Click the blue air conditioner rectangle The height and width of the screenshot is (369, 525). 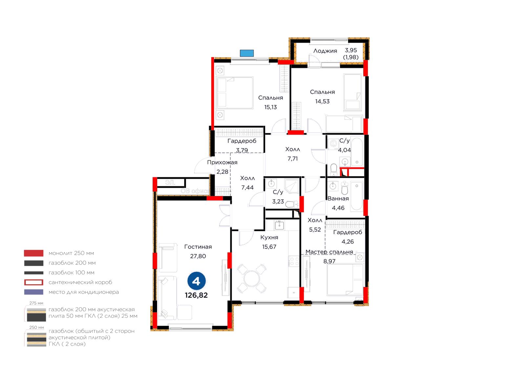pyautogui.click(x=247, y=53)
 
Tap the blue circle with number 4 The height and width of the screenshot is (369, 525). pyautogui.click(x=197, y=281)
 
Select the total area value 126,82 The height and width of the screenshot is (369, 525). pyautogui.click(x=197, y=295)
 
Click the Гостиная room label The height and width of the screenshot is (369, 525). pyautogui.click(x=198, y=247)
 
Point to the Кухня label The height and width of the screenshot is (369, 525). pyautogui.click(x=269, y=237)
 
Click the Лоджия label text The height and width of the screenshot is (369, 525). pyautogui.click(x=325, y=51)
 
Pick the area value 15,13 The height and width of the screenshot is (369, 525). pyautogui.click(x=270, y=107)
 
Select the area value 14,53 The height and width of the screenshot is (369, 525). pyautogui.click(x=322, y=101)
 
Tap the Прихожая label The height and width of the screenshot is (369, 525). pyautogui.click(x=222, y=162)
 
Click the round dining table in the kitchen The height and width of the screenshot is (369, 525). pyautogui.click(x=251, y=278)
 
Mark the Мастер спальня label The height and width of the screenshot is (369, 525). pyautogui.click(x=329, y=252)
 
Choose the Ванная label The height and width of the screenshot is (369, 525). pyautogui.click(x=338, y=199)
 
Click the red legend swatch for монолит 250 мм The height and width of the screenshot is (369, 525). pyautogui.click(x=34, y=253)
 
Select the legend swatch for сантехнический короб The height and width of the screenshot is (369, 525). pyautogui.click(x=34, y=282)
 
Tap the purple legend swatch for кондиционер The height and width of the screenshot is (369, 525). pyautogui.click(x=34, y=292)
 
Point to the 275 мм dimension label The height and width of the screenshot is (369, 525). pyautogui.click(x=36, y=303)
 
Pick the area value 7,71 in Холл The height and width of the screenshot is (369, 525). pyautogui.click(x=293, y=159)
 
